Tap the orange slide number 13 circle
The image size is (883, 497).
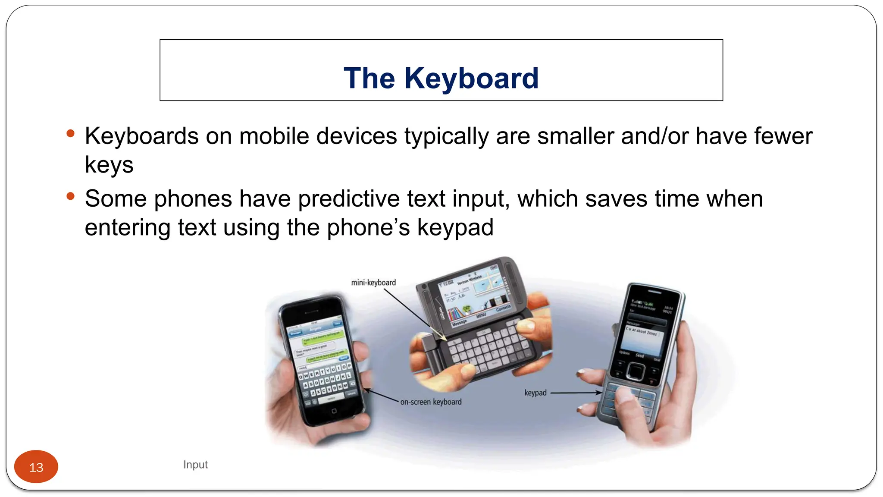point(36,467)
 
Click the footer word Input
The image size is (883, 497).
point(195,465)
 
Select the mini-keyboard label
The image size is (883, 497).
point(373,283)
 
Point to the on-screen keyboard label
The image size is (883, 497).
point(431,402)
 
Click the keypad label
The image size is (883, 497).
point(535,393)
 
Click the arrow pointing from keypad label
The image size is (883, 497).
point(576,393)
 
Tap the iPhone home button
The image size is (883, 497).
point(334,411)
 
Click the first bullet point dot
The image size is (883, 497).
point(71,134)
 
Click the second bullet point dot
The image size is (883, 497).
point(71,197)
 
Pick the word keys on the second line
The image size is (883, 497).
point(109,165)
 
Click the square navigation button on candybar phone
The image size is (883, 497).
point(635,371)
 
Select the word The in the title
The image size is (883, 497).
point(369,79)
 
